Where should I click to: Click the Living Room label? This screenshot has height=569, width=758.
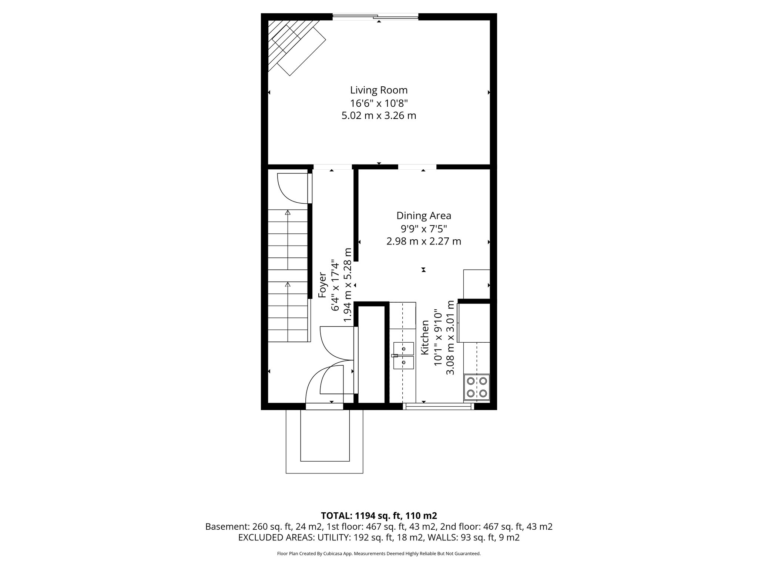379,90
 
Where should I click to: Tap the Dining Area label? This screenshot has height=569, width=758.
424,216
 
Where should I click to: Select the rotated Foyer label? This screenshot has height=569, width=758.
322,285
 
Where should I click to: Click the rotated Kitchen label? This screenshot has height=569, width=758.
425,337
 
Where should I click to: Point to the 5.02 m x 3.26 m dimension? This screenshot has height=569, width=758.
379,116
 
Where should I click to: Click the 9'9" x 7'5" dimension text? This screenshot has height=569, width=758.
424,229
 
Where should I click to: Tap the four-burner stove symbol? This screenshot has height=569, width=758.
477,387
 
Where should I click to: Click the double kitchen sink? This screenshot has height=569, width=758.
403,355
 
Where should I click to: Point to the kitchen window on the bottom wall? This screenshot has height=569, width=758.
438,406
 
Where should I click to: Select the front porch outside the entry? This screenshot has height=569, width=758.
324,441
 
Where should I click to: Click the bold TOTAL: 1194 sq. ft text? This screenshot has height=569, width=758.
379,516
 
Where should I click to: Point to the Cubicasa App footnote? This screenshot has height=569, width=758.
379,554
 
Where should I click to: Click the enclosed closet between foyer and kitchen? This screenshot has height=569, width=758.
372,354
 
